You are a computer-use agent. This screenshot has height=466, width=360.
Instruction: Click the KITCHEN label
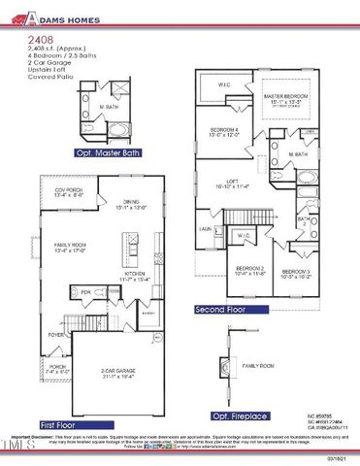[132, 275]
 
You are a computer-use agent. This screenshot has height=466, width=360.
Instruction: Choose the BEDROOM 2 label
[249, 270]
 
